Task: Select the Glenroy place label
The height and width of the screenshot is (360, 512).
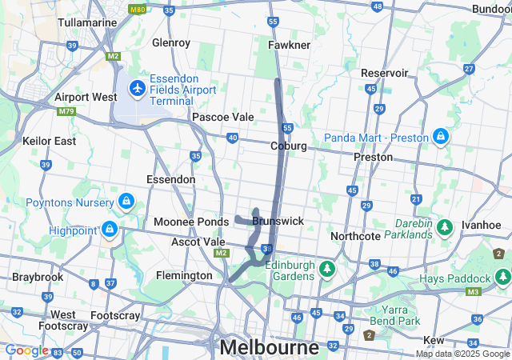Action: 170,42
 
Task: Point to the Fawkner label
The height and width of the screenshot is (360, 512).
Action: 290,45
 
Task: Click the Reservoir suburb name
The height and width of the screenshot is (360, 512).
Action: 384,73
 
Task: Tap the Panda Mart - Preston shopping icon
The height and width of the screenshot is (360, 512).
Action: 439,138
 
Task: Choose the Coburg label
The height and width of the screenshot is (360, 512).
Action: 289,146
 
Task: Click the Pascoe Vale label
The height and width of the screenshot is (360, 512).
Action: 222,117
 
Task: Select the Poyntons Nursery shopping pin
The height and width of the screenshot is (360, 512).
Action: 126,199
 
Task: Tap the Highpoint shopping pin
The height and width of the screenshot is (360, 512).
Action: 110,230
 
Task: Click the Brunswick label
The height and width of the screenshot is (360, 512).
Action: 278,220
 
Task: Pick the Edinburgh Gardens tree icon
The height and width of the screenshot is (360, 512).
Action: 326,268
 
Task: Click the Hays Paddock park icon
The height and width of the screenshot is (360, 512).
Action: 502,278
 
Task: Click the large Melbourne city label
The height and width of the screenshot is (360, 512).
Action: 269,347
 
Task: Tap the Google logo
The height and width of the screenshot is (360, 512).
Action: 26,350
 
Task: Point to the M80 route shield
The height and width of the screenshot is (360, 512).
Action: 137,10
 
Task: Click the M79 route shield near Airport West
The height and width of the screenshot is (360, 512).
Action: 66,111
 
